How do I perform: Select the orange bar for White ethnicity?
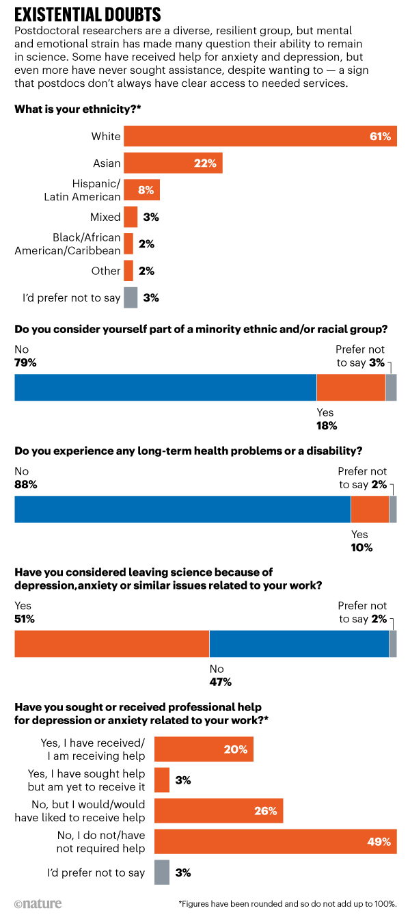pos(260,136)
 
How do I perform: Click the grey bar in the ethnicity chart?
pos(131,297)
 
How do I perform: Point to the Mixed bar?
pos(131,217)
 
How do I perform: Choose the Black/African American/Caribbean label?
pos(68,243)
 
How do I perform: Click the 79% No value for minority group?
pos(25,363)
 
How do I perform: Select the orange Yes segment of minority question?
pos(351,387)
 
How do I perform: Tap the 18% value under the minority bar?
pos(327,425)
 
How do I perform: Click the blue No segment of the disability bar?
pos(182,509)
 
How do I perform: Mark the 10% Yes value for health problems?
pos(361,547)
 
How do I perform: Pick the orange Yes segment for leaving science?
pos(111,643)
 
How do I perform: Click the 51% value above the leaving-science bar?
pos(25,619)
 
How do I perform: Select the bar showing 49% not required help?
pos(275,841)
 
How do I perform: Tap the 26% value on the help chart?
pos(266,811)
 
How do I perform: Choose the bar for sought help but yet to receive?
pos(162,780)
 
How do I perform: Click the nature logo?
pos(37,903)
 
